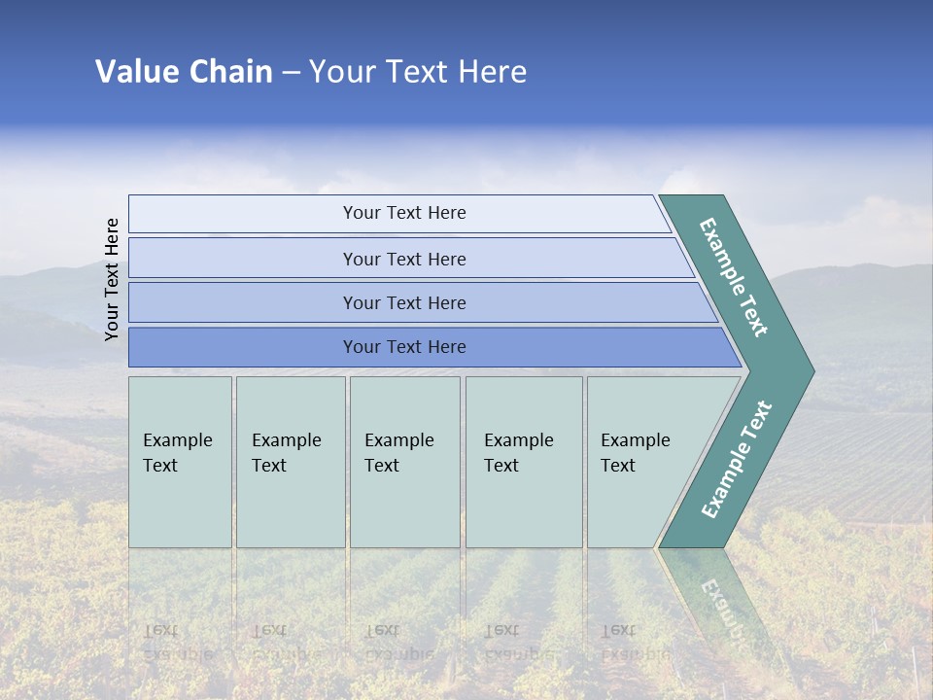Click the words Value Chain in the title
pyautogui.click(x=184, y=72)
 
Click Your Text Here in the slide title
pyautogui.click(x=418, y=72)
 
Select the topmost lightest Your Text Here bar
pyautogui.click(x=403, y=213)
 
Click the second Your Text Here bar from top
pyautogui.click(x=403, y=259)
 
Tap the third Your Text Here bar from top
pyautogui.click(x=403, y=302)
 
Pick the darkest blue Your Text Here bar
pyautogui.click(x=403, y=347)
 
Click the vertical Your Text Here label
pyautogui.click(x=113, y=279)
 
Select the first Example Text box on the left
pyautogui.click(x=180, y=462)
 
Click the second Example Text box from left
pyautogui.click(x=290, y=462)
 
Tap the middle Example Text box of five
pyautogui.click(x=404, y=462)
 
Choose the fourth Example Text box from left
pyautogui.click(x=523, y=462)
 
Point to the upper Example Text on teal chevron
pyautogui.click(x=735, y=277)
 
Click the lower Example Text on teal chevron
pyautogui.click(x=737, y=459)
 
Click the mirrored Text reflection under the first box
pyautogui.click(x=159, y=630)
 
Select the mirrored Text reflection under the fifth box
pyautogui.click(x=618, y=630)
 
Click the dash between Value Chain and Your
pyautogui.click(x=291, y=73)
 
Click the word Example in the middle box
pyautogui.click(x=398, y=440)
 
